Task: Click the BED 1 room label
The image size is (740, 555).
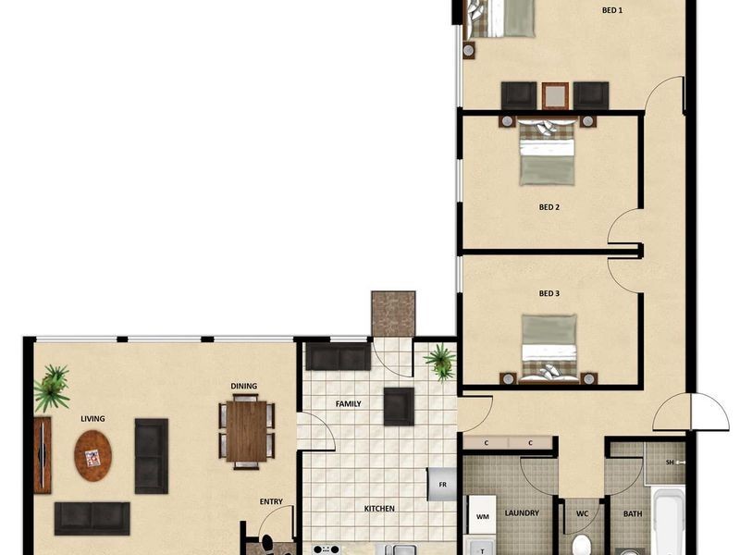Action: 612,11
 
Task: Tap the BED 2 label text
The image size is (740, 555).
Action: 549,207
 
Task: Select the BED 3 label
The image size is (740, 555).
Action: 549,294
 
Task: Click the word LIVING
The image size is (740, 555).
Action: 92,419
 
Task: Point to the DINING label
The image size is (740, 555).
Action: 244,387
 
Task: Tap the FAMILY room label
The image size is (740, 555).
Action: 348,404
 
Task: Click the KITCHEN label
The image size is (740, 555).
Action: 379,509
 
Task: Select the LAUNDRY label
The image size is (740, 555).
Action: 522,512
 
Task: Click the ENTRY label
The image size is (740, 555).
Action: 271,502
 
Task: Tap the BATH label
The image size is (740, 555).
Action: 633,512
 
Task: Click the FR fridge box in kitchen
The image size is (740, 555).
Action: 442,484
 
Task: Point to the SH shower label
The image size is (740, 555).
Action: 671,462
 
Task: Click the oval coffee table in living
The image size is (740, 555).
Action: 93,455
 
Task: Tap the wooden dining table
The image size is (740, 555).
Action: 247,431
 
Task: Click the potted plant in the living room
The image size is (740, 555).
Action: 52,388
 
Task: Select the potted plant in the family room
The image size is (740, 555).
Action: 440,361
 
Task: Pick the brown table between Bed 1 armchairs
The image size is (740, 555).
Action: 555,95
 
